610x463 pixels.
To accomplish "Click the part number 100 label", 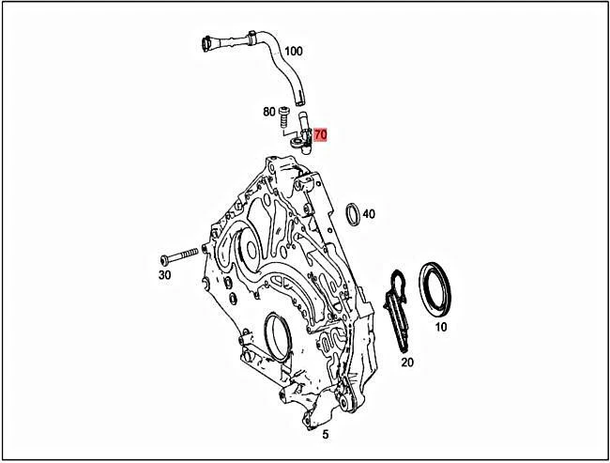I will [294, 51].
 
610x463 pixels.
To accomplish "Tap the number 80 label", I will [269, 113].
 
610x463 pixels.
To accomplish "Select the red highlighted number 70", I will [320, 135].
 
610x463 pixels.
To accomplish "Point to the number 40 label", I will [369, 214].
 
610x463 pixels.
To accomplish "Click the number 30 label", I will [164, 275].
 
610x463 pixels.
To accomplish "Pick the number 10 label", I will [441, 327].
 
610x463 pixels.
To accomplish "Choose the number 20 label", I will [406, 362].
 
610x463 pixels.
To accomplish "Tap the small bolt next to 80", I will [284, 116].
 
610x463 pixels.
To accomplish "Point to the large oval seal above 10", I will [436, 288].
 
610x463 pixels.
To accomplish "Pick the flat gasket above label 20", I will [403, 311].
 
